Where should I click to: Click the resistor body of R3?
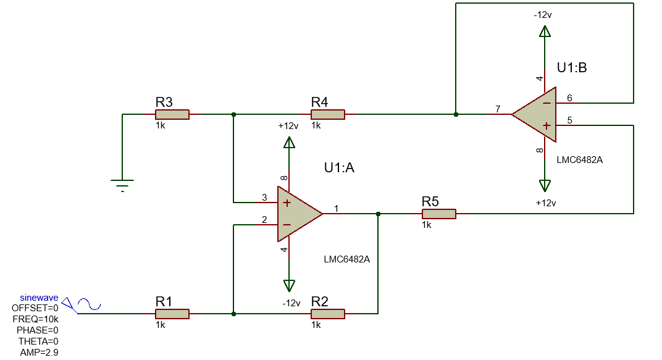coord(172,114)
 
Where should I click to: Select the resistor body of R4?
coord(327,114)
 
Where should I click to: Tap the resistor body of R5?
coord(438,214)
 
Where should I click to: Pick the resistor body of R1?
coord(172,314)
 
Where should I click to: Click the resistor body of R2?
coord(327,314)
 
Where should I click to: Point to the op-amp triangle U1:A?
coord(296,214)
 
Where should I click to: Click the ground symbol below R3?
coord(122,184)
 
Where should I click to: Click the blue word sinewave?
coord(40,298)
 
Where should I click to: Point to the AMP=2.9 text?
coord(40,352)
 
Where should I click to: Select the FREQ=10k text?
coord(36,319)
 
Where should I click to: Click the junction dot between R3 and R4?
coord(233,114)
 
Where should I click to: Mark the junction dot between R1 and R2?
coord(233,314)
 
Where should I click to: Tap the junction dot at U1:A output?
coord(378,214)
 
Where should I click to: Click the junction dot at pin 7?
coord(456,114)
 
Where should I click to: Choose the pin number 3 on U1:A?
coord(264,198)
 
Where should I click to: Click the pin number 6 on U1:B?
coord(569,98)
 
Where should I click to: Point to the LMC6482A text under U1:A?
coord(346,259)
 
